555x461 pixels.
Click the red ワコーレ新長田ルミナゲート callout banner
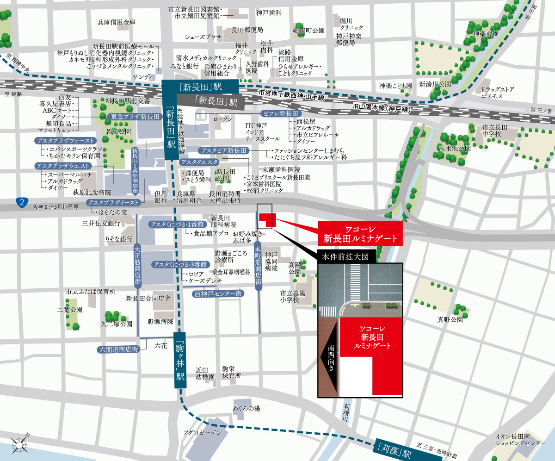pos(360,234)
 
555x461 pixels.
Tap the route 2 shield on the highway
pos(21,202)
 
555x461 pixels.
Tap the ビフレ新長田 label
pos(281,114)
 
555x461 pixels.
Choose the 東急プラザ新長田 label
pos(134,117)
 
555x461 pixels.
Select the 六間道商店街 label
pos(119,349)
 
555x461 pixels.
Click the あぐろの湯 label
pos(247,408)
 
